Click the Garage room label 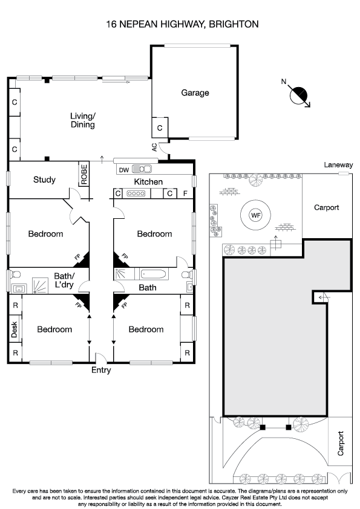click(195, 93)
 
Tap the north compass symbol click(299, 96)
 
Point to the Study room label click(44, 180)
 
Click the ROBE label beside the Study click(84, 175)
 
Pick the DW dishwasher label click(123, 170)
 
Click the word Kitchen click(148, 182)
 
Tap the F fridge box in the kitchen click(186, 193)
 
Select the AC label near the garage click(155, 147)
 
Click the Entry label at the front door click(101, 370)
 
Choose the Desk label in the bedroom click(14, 329)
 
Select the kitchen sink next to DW click(143, 169)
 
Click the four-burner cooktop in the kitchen click(136, 193)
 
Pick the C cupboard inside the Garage click(160, 128)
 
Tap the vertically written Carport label click(341, 444)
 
